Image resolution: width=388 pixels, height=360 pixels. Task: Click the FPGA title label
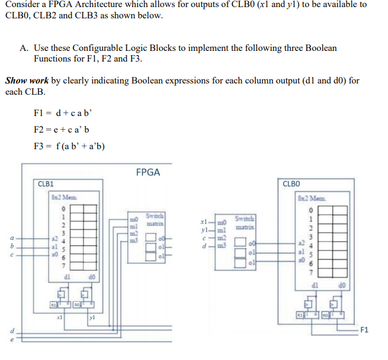[x=147, y=172]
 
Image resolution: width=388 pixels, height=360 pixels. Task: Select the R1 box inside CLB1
[x=54, y=304]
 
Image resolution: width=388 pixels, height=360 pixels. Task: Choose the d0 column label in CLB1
[x=92, y=274]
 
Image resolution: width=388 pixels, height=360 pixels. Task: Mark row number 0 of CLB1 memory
[x=61, y=208]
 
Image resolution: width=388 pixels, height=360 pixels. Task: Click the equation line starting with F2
[x=62, y=130]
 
